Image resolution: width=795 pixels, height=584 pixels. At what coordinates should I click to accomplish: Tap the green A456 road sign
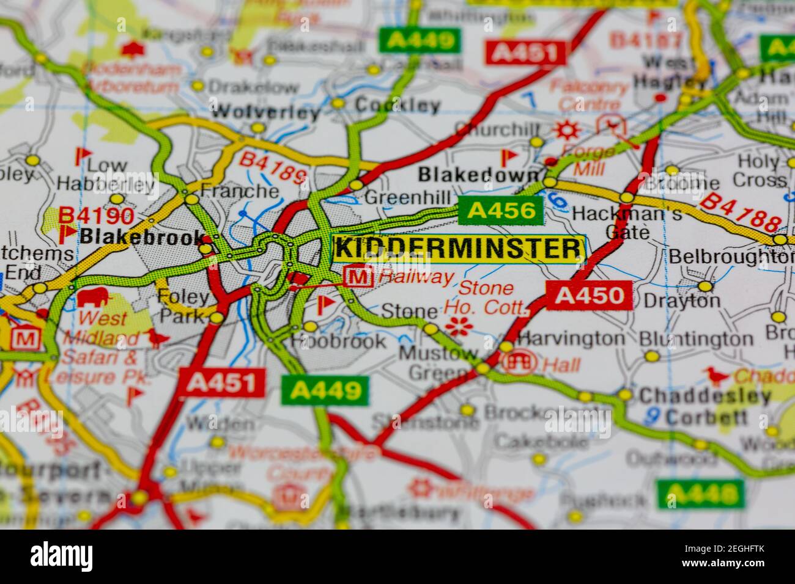click(501, 211)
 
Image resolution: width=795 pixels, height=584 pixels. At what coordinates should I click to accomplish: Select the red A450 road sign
click(590, 296)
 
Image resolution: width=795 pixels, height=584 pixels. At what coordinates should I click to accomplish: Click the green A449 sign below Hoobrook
click(325, 390)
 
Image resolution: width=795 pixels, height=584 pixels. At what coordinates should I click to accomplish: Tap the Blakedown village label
click(479, 175)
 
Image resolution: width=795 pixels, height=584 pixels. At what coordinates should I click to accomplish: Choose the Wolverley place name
click(266, 112)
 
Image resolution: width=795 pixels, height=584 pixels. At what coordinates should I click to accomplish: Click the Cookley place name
click(398, 106)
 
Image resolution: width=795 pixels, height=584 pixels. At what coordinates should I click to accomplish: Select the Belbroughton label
click(731, 256)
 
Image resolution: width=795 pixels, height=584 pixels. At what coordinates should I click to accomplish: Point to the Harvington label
click(571, 338)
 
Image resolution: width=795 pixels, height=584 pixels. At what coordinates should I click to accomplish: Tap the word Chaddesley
click(704, 396)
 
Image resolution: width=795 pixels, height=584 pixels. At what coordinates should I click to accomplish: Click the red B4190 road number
click(96, 215)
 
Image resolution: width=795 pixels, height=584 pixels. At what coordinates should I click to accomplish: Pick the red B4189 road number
click(272, 169)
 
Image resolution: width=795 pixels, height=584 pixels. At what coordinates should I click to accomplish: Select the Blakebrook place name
click(142, 236)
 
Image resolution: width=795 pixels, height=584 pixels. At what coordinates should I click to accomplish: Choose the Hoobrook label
click(339, 341)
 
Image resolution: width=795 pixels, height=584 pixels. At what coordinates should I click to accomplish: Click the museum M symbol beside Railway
click(359, 277)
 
